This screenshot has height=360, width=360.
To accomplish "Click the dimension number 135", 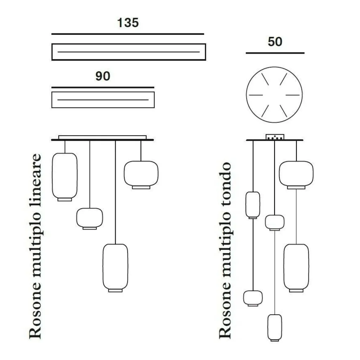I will [128, 23].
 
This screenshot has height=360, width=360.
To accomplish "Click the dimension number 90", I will [103, 76].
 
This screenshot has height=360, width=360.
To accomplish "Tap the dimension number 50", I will [275, 41].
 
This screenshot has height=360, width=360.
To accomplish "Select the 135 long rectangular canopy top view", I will [128, 52].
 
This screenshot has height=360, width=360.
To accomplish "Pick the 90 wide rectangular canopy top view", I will [103, 99].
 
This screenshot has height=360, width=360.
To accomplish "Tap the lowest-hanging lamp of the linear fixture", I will [115, 267].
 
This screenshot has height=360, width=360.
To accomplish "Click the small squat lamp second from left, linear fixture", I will [90, 218].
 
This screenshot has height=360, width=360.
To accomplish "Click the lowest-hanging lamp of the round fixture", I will [275, 327].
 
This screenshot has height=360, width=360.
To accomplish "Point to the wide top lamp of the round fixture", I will [296, 174].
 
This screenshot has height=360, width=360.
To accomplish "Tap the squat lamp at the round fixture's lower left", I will [253, 298].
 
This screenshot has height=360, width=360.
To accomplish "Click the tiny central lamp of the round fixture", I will [275, 222].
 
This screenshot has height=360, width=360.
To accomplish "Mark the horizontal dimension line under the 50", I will [275, 53].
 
